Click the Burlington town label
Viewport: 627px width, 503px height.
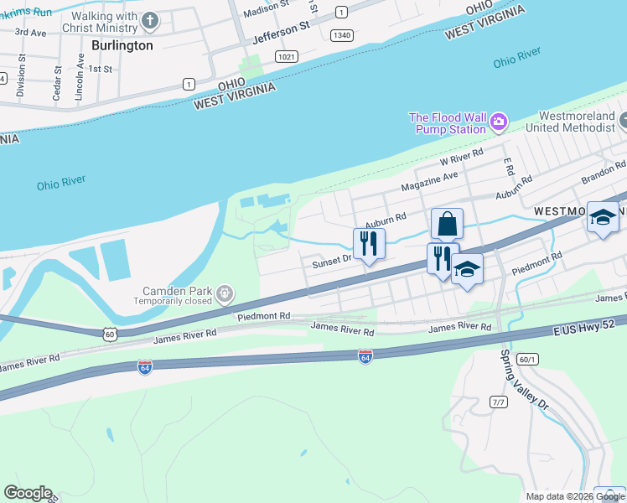122,45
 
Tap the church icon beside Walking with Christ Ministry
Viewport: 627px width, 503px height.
150,20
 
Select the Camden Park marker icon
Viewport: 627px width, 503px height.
224,294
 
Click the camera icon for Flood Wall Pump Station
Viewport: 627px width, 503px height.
499,123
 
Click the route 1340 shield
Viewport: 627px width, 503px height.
341,34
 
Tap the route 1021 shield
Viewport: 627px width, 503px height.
286,55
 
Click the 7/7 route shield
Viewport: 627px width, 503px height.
499,402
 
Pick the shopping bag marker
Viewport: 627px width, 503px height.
447,224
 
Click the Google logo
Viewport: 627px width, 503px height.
28,493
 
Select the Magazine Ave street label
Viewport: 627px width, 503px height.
430,181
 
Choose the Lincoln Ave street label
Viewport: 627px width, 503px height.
80,77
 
